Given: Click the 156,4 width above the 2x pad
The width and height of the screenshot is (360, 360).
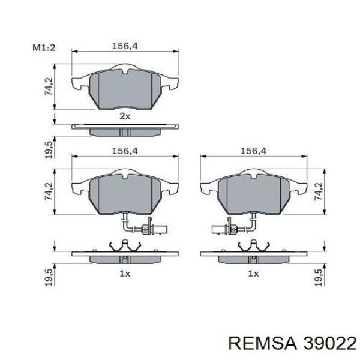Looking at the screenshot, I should (123, 44).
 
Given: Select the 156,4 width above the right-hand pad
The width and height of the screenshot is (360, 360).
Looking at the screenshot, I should (253, 151).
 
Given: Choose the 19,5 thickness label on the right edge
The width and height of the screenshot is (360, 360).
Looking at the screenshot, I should (318, 280).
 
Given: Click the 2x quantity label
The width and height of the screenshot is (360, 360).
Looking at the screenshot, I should (124, 115).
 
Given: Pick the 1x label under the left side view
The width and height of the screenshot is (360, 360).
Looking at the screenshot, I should (124, 274).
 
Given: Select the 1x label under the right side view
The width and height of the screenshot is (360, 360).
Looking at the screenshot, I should (253, 274).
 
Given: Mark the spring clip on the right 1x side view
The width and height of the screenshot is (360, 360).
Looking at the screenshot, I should (253, 246).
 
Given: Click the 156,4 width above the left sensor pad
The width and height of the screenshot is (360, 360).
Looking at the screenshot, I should (123, 151).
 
